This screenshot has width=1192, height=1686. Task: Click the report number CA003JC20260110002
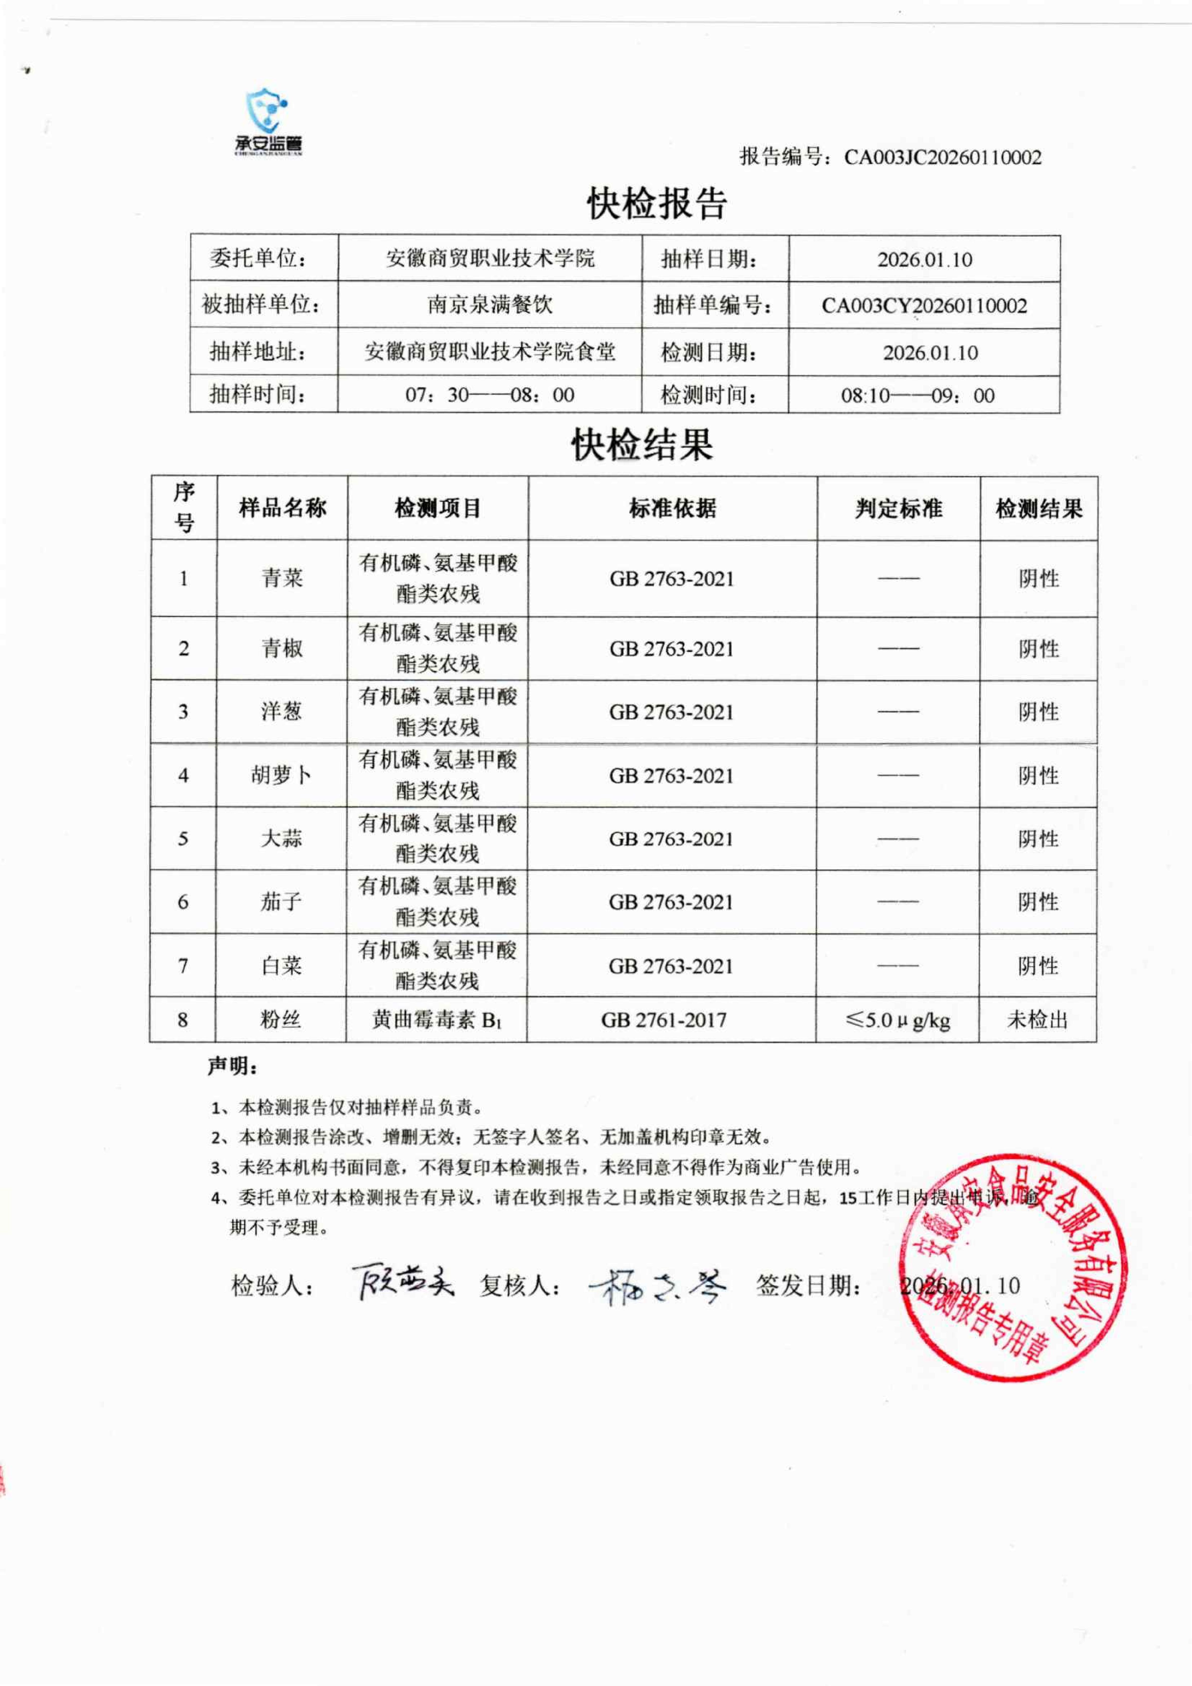coord(942,157)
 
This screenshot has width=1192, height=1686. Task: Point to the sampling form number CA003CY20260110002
coord(924,305)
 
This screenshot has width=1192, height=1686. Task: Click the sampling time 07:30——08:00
coord(490,395)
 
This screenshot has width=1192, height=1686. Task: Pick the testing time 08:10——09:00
coord(918,396)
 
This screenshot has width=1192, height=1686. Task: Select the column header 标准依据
coord(672,508)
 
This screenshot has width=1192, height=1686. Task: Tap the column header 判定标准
coord(899,508)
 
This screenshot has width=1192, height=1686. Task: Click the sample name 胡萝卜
coord(281,775)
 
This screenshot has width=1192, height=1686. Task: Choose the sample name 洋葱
coord(281,711)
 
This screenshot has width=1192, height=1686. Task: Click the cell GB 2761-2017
coord(664,1020)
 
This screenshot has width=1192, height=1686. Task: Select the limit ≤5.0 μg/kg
coord(898,1020)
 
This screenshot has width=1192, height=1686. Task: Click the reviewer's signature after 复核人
coord(657,1287)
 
